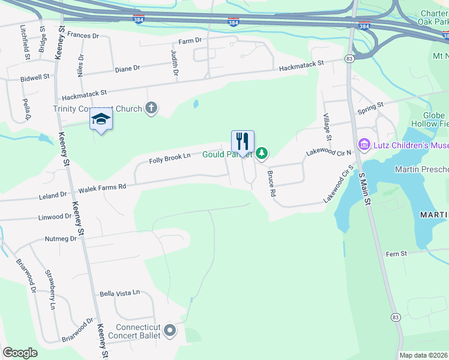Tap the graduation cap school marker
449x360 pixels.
click(101, 120)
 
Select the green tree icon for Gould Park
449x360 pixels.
click(262, 154)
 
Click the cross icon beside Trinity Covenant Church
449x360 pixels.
click(151, 109)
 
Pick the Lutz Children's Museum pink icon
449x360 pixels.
click(363, 145)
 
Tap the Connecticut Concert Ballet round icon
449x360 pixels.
click(170, 330)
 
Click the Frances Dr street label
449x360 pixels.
click(83, 36)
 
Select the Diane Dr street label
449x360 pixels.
click(127, 68)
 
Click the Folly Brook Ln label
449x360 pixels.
click(169, 158)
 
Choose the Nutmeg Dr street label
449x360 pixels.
click(61, 239)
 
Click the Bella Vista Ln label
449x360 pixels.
click(119, 293)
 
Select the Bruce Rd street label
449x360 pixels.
click(271, 184)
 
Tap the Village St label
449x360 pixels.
click(328, 126)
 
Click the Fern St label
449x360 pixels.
click(396, 254)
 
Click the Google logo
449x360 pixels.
click(20, 353)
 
